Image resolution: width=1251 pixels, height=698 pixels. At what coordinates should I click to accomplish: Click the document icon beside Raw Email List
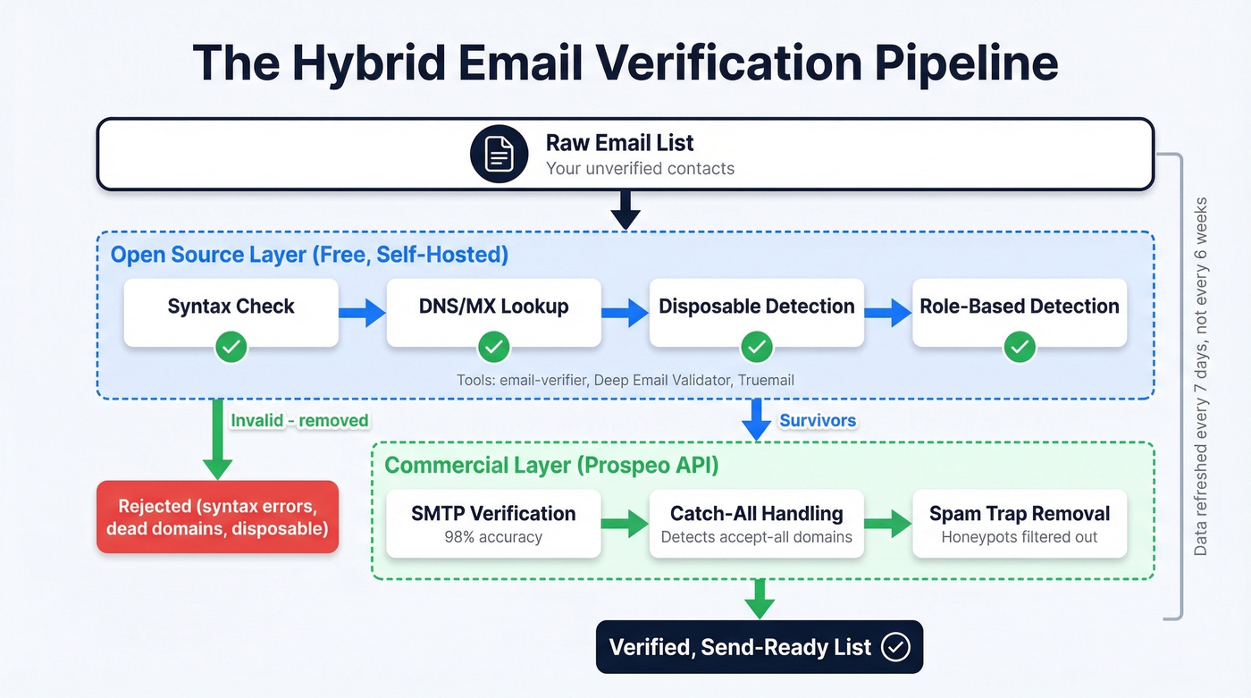[500, 155]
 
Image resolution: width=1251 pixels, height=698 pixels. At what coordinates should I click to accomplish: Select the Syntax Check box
[231, 312]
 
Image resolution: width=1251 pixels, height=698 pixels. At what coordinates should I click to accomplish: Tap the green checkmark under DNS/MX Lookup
[493, 346]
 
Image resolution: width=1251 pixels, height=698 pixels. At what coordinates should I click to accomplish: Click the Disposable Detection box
[756, 312]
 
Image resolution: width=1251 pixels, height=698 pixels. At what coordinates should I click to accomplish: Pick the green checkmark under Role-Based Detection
[1019, 346]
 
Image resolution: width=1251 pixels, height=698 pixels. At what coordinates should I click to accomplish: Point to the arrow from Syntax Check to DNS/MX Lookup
[362, 312]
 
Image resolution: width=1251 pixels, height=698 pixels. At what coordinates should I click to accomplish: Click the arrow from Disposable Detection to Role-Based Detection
[887, 312]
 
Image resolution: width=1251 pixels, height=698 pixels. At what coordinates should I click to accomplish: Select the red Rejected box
[217, 517]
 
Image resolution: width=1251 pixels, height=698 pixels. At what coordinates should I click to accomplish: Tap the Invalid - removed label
[299, 420]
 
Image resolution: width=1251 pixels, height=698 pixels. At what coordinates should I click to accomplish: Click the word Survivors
[818, 420]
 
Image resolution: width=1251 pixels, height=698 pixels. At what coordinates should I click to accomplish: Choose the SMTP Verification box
[493, 523]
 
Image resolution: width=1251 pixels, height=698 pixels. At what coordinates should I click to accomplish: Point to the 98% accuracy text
[493, 538]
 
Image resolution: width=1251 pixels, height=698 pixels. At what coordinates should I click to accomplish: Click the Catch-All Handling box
[756, 523]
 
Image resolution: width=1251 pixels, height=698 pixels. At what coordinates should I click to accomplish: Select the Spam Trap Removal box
[1019, 523]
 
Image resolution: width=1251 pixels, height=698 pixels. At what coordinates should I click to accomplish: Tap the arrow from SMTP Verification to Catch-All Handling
[625, 523]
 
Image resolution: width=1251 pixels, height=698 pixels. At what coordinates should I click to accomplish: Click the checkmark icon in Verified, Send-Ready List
[895, 647]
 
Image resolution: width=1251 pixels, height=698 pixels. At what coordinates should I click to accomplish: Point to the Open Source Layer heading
[309, 255]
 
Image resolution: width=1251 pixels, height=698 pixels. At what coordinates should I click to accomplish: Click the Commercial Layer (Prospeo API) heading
[551, 466]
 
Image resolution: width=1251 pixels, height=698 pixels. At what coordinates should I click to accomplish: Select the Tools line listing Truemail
[625, 380]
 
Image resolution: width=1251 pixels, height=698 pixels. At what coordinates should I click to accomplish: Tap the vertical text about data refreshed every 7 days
[1200, 375]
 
